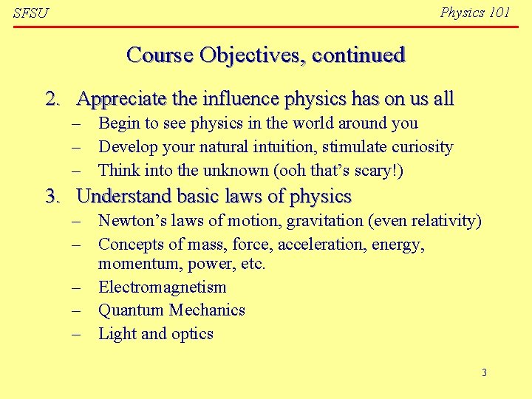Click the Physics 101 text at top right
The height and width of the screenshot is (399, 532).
(x=474, y=13)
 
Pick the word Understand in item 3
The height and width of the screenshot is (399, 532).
(x=121, y=197)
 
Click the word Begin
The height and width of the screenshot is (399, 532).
(x=119, y=123)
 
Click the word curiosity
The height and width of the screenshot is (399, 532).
(x=418, y=147)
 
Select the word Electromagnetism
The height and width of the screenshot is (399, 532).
(x=162, y=287)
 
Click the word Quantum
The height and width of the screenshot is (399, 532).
(x=132, y=310)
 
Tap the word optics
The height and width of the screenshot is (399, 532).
(x=192, y=334)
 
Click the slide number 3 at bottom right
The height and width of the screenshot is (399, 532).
(x=484, y=372)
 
